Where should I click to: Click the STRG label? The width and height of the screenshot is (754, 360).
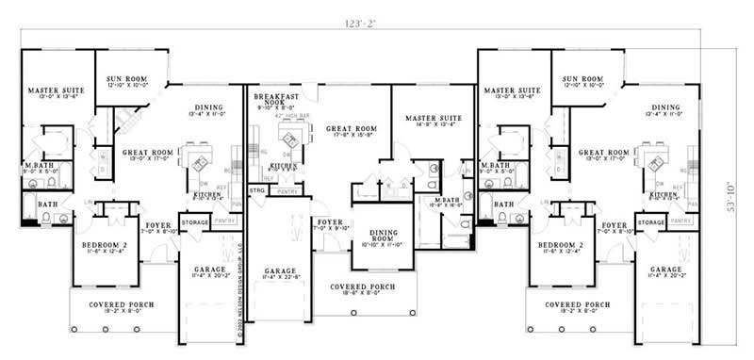(256, 190)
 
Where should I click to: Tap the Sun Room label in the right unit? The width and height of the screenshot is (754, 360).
(582, 81)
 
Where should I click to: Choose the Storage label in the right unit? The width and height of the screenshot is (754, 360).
(652, 222)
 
